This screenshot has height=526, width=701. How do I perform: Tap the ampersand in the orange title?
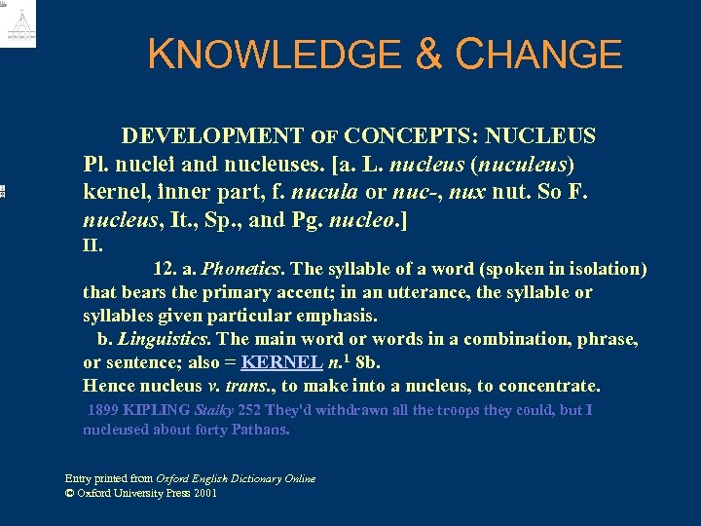(429, 55)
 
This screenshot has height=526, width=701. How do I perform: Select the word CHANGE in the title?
(538, 55)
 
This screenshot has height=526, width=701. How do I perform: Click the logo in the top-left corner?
(18, 24)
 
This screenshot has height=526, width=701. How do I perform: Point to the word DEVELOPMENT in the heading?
(212, 135)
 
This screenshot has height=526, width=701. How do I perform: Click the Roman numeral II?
(93, 244)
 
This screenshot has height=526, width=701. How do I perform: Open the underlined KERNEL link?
(281, 362)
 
